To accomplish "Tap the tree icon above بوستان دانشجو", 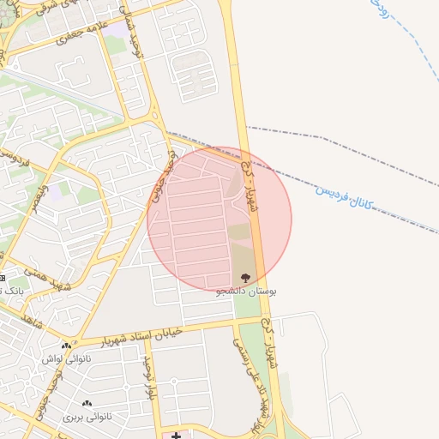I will (246, 278).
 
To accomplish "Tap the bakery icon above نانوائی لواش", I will (66, 346).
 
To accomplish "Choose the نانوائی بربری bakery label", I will (86, 417).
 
